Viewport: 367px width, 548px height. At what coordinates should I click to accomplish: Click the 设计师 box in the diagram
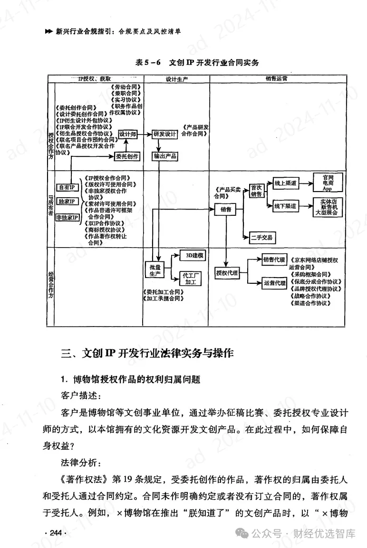pos(127,135)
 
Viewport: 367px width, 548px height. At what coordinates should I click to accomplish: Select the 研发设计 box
pos(164,135)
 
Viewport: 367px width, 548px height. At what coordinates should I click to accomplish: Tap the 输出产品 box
pos(164,156)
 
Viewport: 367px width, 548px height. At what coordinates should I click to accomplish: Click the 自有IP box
pos(67,187)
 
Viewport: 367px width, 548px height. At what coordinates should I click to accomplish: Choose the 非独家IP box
pos(67,217)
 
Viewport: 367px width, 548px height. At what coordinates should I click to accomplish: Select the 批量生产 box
pos(154,270)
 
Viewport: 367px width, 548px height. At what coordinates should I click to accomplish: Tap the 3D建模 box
pos(192,256)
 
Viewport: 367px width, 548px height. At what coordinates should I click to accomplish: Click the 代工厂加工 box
pos(192,279)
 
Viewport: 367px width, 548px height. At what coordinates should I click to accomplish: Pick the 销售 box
pos(225,209)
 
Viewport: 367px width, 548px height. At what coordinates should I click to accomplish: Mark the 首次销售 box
pos(256,191)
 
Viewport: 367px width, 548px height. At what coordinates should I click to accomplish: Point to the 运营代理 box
pos(274,283)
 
